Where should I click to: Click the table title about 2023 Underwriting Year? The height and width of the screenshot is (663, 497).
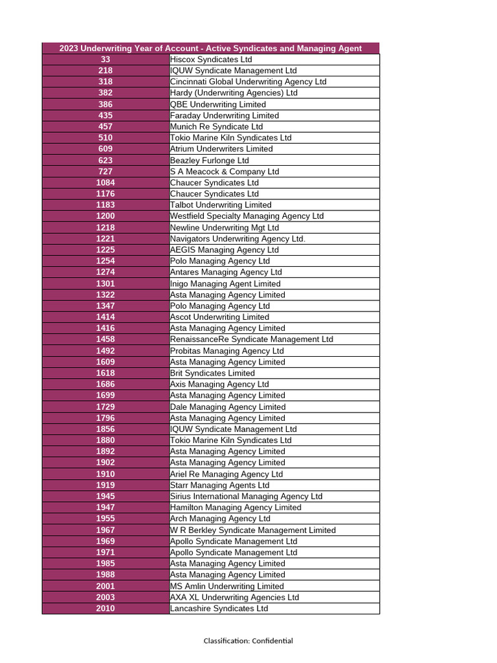point(210,49)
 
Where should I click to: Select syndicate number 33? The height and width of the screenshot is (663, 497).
point(105,60)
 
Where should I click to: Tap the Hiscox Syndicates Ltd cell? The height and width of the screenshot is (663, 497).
point(211,60)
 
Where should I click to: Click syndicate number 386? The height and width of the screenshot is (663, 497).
point(105,104)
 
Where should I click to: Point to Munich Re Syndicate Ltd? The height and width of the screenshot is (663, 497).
point(216,127)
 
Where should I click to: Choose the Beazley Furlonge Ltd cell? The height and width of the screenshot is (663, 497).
point(209,161)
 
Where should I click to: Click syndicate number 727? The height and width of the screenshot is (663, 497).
point(105,172)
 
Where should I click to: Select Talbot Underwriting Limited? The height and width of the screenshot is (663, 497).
point(221,205)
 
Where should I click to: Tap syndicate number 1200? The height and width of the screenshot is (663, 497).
point(105,216)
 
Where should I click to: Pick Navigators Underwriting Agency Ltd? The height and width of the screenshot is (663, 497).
point(237,239)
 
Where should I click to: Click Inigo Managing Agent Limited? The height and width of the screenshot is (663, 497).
point(225,284)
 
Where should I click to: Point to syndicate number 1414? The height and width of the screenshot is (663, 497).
point(105,317)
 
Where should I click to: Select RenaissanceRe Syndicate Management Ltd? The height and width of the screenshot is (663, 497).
point(251,339)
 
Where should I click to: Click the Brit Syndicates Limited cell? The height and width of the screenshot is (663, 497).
point(212,373)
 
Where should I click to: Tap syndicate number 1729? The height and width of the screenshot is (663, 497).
point(105,407)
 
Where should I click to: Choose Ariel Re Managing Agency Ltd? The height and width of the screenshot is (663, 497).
point(226,474)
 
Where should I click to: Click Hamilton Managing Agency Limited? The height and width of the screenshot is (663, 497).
point(236,508)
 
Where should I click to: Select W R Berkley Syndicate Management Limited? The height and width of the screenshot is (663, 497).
point(252,530)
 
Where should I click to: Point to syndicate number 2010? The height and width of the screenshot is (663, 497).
point(105,609)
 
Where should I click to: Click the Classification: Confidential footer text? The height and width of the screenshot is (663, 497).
point(248,641)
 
